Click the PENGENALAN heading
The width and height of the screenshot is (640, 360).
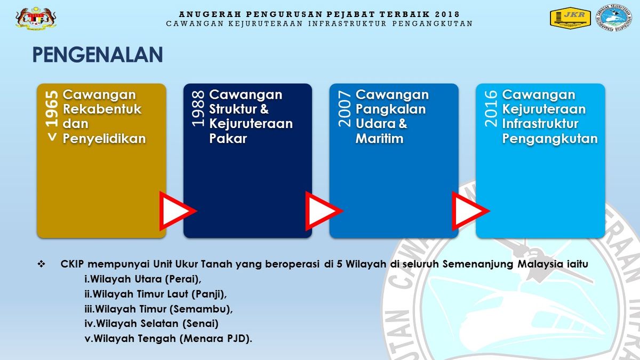98,54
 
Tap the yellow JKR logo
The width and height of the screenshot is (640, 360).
570,18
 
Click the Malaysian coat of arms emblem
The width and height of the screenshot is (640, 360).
36,18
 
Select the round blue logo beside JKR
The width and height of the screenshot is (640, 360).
613,18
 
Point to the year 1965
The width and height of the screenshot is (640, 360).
51,109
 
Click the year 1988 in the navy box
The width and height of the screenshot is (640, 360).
198,109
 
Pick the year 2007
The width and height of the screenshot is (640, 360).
345,109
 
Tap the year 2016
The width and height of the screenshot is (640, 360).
491,109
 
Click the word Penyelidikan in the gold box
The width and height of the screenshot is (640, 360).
105,139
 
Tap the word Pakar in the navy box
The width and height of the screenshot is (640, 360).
228,139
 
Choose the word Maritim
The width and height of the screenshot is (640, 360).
379,139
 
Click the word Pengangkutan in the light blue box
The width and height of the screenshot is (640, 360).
550,139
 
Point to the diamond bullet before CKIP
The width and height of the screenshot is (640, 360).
42,264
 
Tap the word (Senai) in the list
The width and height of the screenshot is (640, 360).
201,324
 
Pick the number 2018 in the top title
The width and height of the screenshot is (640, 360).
447,14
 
